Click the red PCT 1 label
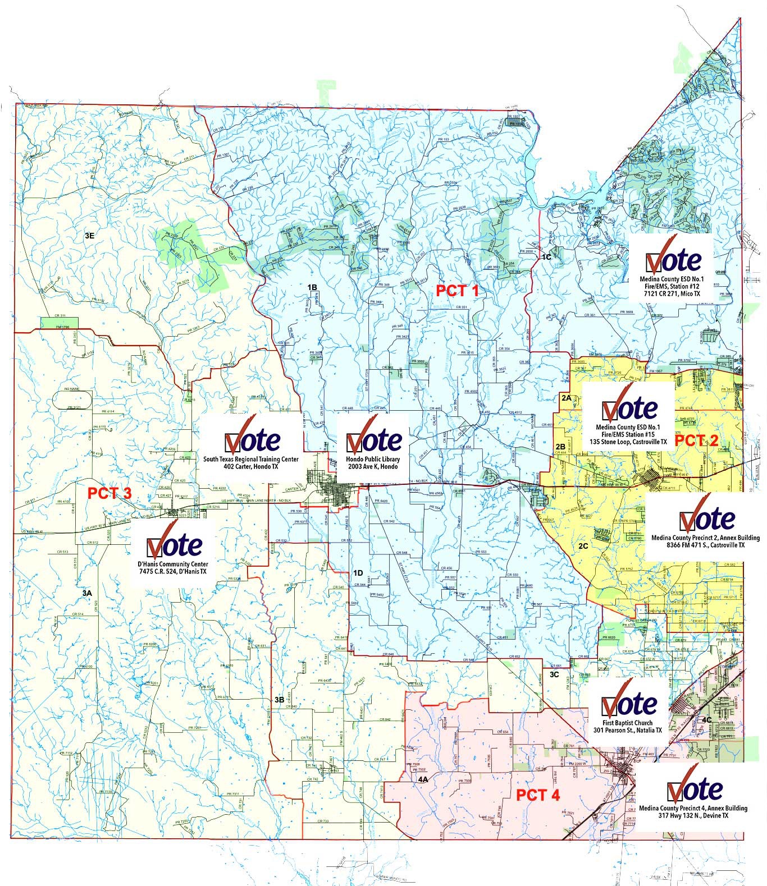pyautogui.click(x=458, y=291)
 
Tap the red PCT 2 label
pyautogui.click(x=696, y=440)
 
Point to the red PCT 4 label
pyautogui.click(x=538, y=795)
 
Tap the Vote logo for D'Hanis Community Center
pyautogui.click(x=174, y=542)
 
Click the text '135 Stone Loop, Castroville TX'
pyautogui.click(x=628, y=442)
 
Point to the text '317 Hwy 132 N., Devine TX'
pyautogui.click(x=693, y=816)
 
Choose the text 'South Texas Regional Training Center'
pyautogui.click(x=252, y=459)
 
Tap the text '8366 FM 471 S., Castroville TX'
pyautogui.click(x=705, y=545)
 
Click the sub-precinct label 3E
pyautogui.click(x=89, y=236)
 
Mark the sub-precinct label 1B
pyautogui.click(x=312, y=287)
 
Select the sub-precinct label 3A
pyautogui.click(x=87, y=593)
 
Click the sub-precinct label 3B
pyautogui.click(x=279, y=700)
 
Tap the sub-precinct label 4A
pyautogui.click(x=423, y=779)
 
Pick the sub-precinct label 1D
pyautogui.click(x=358, y=573)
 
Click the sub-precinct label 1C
pyautogui.click(x=546, y=256)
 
